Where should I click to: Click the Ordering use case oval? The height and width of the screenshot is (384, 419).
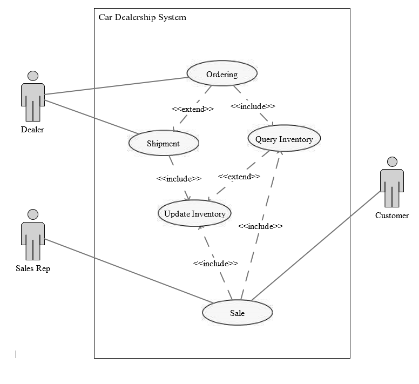point(222,74)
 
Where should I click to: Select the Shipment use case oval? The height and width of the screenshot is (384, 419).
point(164,143)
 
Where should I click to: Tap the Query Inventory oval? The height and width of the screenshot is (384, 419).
point(284,139)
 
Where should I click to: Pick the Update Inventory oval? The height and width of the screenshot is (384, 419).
point(194,213)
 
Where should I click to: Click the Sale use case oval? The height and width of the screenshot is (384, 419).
point(237,313)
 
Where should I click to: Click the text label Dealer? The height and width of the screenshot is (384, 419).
point(32,130)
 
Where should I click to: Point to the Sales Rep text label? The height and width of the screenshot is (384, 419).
point(33,268)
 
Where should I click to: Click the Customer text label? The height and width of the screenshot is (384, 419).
point(392,215)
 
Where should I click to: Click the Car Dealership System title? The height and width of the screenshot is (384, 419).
point(142,17)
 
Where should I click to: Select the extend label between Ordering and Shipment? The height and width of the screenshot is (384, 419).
point(193,109)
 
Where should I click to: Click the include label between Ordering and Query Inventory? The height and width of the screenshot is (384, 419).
point(253,106)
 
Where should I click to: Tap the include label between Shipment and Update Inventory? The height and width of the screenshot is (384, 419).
point(179,178)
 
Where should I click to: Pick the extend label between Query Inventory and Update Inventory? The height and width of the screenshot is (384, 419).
point(239,177)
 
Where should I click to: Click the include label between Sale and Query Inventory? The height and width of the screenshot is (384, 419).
point(260,226)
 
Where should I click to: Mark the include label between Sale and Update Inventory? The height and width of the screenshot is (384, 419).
point(215,264)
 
